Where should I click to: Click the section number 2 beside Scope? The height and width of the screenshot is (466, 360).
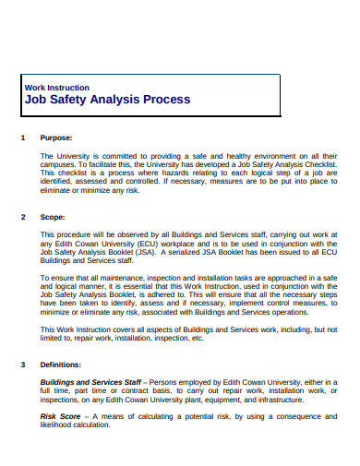22,218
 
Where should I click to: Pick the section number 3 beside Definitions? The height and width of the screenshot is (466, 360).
22,364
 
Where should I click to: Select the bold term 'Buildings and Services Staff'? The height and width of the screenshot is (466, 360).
90,382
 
